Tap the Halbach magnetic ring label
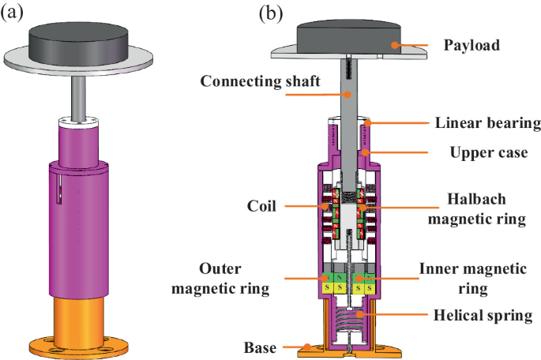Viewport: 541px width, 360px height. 476,210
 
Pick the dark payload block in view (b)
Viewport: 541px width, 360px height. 348,34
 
